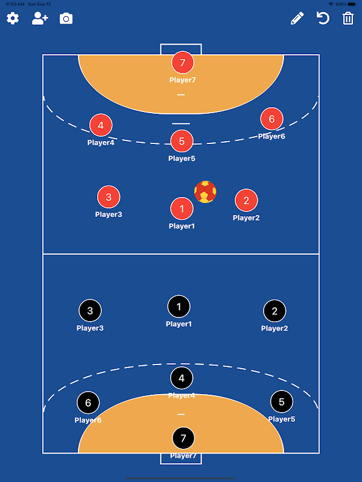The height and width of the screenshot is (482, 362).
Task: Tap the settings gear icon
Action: click(x=13, y=19)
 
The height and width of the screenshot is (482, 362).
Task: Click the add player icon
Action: click(x=40, y=19)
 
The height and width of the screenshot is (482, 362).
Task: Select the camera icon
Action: click(x=66, y=19)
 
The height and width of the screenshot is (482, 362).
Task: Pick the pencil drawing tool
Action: click(x=297, y=19)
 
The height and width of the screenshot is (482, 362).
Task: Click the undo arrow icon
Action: click(x=323, y=18)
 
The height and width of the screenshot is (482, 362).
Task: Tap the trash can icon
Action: click(x=348, y=19)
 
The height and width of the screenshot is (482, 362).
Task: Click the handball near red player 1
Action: click(x=205, y=192)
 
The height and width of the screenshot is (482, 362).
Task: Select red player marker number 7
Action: click(x=183, y=63)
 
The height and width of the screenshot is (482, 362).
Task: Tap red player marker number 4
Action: click(x=101, y=125)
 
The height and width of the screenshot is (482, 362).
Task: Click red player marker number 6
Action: click(x=271, y=119)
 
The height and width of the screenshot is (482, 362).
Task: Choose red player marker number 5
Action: click(x=182, y=141)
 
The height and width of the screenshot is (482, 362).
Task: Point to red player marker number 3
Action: click(x=109, y=197)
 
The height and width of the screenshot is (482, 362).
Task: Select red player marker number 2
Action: click(x=246, y=200)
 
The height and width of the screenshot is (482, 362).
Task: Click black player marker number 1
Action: click(x=179, y=307)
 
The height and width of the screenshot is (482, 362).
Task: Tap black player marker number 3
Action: click(x=90, y=310)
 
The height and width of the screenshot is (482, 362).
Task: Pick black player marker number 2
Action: click(x=275, y=311)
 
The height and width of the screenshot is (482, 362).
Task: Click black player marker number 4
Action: click(x=182, y=378)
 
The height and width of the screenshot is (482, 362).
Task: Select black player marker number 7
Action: click(x=183, y=438)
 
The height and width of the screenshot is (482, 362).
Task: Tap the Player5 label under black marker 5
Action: click(x=282, y=419)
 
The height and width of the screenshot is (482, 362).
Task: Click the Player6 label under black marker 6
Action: click(x=88, y=420)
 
